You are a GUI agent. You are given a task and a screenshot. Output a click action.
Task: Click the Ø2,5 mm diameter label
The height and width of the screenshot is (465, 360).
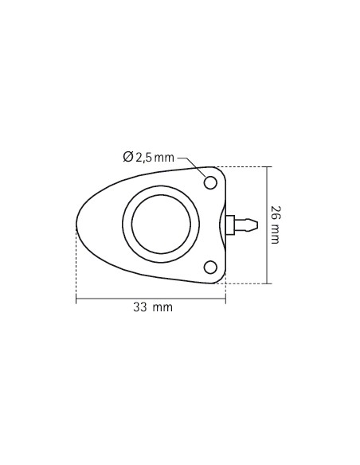click(149, 158)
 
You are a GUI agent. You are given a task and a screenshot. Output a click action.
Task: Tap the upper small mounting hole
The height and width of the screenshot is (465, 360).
click(210, 183)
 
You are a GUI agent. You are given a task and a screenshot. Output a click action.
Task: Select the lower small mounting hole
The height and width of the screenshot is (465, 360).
click(210, 267)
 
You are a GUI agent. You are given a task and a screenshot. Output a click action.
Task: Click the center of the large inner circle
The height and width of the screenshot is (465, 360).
click(161, 225)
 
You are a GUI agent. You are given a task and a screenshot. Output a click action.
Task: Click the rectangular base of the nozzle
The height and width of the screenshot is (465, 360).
click(229, 225)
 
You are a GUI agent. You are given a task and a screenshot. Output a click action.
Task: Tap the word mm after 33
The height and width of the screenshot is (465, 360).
click(162, 307)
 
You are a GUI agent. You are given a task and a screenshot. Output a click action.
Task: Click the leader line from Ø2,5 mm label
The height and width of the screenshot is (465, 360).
click(189, 159)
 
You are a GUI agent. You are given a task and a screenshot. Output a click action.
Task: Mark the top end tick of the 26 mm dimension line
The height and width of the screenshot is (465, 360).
click(266, 167)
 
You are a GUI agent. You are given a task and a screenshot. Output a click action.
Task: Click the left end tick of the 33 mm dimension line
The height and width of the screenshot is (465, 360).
click(76, 299)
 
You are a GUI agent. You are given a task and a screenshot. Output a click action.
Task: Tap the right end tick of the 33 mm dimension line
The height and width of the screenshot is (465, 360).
click(225, 299)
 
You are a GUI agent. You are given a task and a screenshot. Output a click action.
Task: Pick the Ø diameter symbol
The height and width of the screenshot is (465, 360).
click(128, 158)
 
